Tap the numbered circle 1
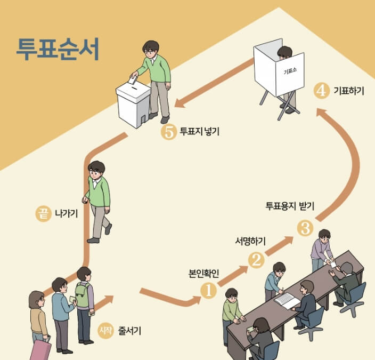point(208,291)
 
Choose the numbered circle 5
point(168,132)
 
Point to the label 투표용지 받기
point(290,205)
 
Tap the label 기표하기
point(348,91)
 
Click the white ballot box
point(133,104)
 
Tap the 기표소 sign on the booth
point(289,71)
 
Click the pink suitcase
point(40,350)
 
